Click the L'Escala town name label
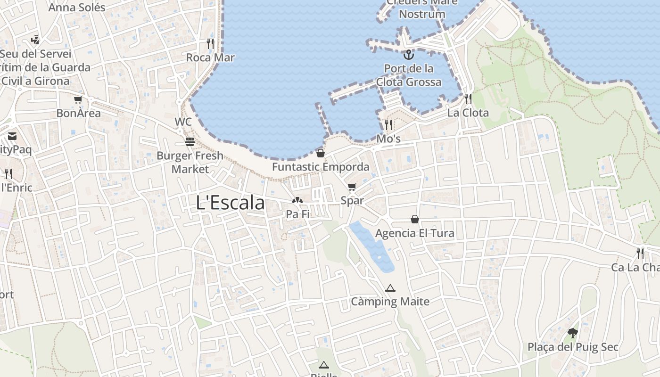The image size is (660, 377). [x=230, y=203]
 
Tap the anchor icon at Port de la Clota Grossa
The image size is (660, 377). [x=408, y=54]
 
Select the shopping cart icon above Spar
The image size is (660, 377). [x=352, y=187]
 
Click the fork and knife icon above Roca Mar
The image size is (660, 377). [x=210, y=44]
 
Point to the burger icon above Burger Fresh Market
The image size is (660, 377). [x=190, y=142]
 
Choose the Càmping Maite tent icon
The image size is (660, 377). [x=390, y=288]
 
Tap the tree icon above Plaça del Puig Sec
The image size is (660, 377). [x=573, y=333]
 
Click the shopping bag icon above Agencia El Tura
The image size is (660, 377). [x=415, y=219]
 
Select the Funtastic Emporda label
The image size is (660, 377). [x=321, y=167]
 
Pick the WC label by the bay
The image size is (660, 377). [x=183, y=122]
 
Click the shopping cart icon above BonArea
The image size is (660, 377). [x=78, y=99]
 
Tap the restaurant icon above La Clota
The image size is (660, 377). [x=468, y=98]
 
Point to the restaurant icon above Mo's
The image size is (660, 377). [x=388, y=125]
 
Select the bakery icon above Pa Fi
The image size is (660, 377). [x=297, y=201]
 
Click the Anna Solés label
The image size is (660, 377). [x=77, y=8]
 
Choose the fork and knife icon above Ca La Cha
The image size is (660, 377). [x=640, y=254]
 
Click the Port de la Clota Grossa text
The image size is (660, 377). [x=409, y=75]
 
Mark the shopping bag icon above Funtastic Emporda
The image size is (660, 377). [x=321, y=153]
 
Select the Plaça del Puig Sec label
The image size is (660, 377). [x=573, y=347]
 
